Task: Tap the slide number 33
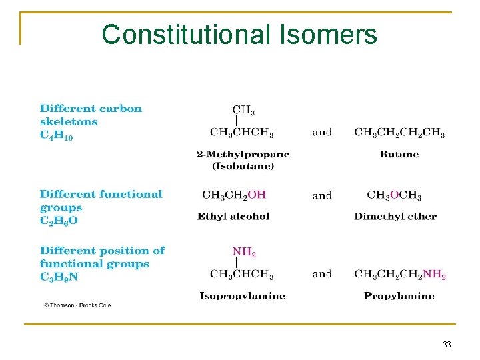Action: coord(447,345)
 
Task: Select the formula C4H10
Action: coord(57,135)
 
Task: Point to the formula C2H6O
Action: coord(59,221)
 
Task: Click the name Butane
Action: coord(399,154)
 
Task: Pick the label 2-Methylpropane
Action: coord(243,154)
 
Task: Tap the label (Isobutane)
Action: coord(243,166)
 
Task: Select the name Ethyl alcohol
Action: coord(233,216)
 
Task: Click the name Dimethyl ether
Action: coord(395,216)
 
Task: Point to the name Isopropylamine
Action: coord(242,295)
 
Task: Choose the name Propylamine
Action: coord(399,295)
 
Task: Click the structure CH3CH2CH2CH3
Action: coord(399,133)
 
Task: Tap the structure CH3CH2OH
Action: coord(234,195)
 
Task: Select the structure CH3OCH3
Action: coord(394,195)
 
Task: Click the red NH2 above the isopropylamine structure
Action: coord(244,253)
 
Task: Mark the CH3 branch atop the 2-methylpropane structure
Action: coord(243,110)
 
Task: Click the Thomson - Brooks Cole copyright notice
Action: coord(77,305)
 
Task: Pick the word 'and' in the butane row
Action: coord(322,132)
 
